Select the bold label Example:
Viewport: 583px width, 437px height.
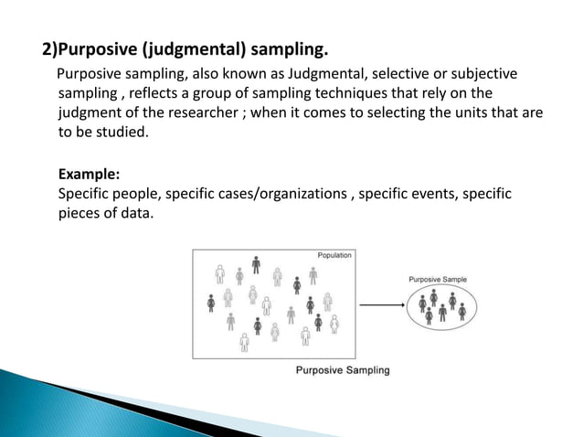point(88,174)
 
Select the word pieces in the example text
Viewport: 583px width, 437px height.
point(79,214)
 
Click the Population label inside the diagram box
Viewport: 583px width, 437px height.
point(334,255)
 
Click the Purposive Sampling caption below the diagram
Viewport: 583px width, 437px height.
point(343,370)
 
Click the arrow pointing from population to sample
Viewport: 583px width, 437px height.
point(381,305)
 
